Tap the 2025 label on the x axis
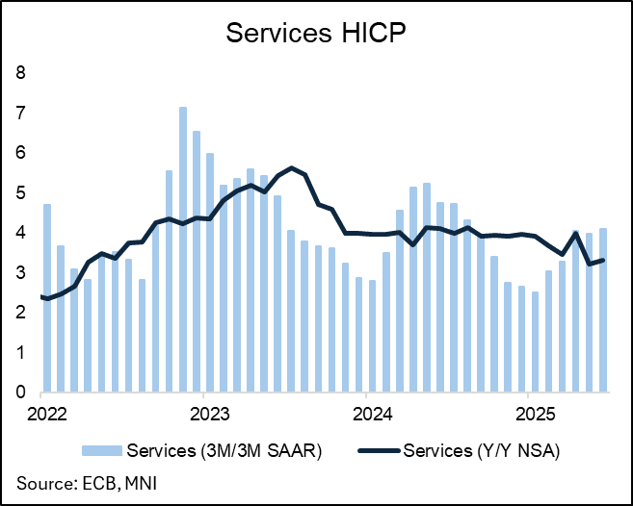[528, 415]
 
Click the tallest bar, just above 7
[182, 250]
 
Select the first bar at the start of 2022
[47, 298]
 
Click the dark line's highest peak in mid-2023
[291, 168]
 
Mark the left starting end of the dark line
[42, 297]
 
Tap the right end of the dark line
[603, 260]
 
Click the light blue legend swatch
[110, 449]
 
